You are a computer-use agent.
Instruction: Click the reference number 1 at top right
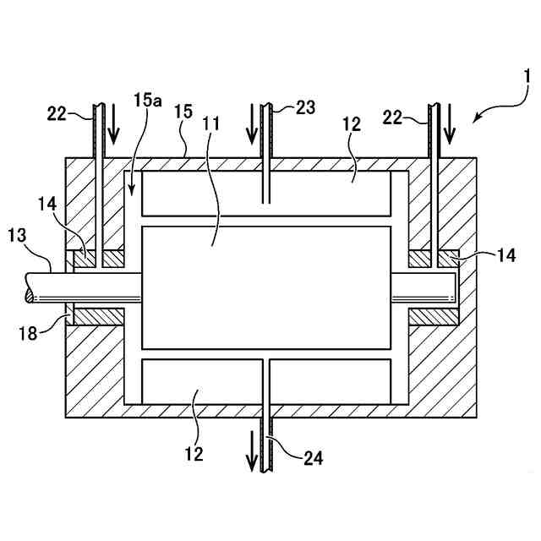coord(526,78)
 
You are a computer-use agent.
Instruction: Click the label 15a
coord(147,101)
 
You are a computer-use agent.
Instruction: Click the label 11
coord(211,124)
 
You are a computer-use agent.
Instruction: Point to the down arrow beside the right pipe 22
coord(450,123)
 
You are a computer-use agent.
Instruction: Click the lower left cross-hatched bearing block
coord(99,316)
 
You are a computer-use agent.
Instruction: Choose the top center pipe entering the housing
coord(266,152)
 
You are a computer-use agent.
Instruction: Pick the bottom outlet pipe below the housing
coord(266,440)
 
